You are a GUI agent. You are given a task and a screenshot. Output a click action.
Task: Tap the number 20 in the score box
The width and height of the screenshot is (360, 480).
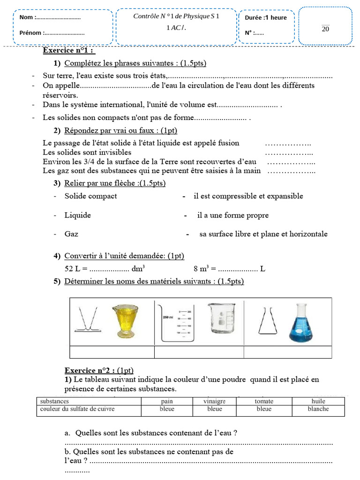[325, 29]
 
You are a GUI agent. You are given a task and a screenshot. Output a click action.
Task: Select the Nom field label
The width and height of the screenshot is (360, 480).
[27, 18]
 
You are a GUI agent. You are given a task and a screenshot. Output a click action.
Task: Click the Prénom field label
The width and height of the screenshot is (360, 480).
[31, 33]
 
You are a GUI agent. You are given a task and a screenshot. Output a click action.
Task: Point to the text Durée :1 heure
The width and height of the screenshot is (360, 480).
[266, 18]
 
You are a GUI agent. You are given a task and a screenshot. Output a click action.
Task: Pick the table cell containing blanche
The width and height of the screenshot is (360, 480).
[318, 409]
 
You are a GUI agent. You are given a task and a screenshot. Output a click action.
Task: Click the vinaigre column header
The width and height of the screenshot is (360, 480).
[215, 401]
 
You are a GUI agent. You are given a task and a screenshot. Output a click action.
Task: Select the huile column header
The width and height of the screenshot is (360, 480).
[318, 401]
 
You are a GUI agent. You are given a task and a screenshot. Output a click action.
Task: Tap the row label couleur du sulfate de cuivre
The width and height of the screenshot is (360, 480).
[77, 409]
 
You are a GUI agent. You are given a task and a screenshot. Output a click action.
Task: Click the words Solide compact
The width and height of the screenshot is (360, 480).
[90, 196]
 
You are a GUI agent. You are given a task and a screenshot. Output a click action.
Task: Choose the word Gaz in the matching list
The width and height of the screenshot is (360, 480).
[71, 234]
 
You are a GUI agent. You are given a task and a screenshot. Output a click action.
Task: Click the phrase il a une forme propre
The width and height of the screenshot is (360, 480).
[233, 216]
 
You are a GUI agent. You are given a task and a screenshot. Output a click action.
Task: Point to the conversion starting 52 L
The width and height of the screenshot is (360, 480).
[105, 269]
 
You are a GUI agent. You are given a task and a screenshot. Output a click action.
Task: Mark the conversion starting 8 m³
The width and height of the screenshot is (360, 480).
[229, 269]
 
